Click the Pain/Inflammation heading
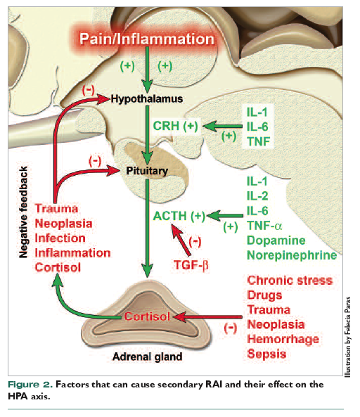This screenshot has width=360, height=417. click(x=147, y=39)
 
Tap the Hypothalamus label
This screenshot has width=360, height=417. click(x=147, y=99)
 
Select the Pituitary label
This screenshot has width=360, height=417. click(x=147, y=171)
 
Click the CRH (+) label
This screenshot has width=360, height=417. click(x=176, y=126)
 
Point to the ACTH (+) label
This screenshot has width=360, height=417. click(x=179, y=216)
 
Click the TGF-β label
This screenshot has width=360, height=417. click(x=191, y=265)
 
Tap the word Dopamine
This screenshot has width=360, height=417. click(x=276, y=240)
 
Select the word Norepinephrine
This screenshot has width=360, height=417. click(x=292, y=255)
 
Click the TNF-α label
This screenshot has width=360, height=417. click(x=264, y=226)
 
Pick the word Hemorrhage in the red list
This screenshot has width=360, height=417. click(x=283, y=340)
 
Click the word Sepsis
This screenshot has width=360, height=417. click(x=266, y=354)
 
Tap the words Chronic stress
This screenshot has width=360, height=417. click(x=290, y=281)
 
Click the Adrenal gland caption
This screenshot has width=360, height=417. click(x=147, y=357)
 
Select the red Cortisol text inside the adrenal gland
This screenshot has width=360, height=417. click(x=147, y=316)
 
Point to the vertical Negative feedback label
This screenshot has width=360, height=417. click(x=23, y=212)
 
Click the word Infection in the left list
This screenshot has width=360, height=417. click(x=60, y=238)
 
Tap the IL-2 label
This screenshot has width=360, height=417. click(x=257, y=196)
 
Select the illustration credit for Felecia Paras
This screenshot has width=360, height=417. click(x=347, y=337)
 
